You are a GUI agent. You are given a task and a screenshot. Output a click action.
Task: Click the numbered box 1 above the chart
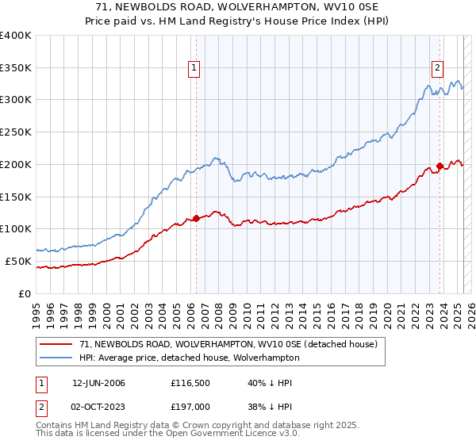[x=194, y=69]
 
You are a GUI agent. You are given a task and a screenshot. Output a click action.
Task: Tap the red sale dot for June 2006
[x=196, y=218]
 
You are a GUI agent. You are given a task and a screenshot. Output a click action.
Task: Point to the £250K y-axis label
[x=16, y=132]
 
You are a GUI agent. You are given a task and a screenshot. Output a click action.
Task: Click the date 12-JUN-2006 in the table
[x=98, y=383]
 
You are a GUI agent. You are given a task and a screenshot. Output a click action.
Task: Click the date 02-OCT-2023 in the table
[x=98, y=407]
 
